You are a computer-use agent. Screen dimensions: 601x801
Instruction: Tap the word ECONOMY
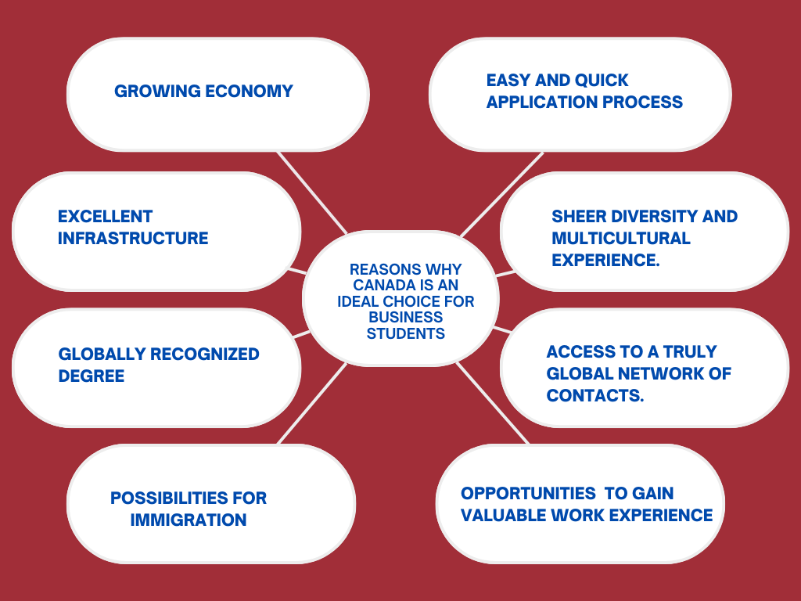coord(249,91)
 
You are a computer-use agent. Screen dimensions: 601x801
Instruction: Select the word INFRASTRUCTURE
coord(133,238)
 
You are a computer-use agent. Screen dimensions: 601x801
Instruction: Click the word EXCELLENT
coord(105,216)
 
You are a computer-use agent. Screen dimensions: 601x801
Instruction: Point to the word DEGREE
coord(92,376)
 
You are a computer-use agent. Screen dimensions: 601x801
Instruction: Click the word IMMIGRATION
coord(189,520)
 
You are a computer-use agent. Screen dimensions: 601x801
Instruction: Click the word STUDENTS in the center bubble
coord(406,333)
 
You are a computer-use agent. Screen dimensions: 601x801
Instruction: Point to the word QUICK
coord(602,80)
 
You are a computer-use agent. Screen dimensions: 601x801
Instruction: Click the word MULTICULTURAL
coord(621,238)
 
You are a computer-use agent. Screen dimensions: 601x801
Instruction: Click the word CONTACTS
coord(594,395)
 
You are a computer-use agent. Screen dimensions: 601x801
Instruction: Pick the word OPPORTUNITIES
coord(528,493)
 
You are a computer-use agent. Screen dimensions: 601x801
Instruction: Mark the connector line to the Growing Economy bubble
coord(312,192)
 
